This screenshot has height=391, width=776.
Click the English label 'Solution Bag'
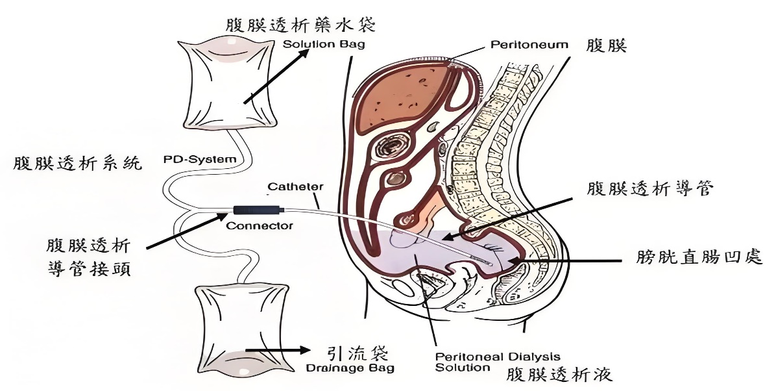pyautogui.click(x=324, y=45)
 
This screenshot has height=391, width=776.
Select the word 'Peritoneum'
pyautogui.click(x=529, y=45)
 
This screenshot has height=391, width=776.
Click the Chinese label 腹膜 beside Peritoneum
pyautogui.click(x=607, y=46)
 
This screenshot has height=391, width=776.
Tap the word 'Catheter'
pyautogui.click(x=296, y=187)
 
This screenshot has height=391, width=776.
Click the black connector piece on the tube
pyautogui.click(x=258, y=210)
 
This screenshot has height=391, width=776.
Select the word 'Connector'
pyautogui.click(x=260, y=226)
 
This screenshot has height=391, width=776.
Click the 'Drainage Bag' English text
pyautogui.click(x=351, y=369)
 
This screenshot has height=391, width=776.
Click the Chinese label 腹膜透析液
pyautogui.click(x=559, y=375)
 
